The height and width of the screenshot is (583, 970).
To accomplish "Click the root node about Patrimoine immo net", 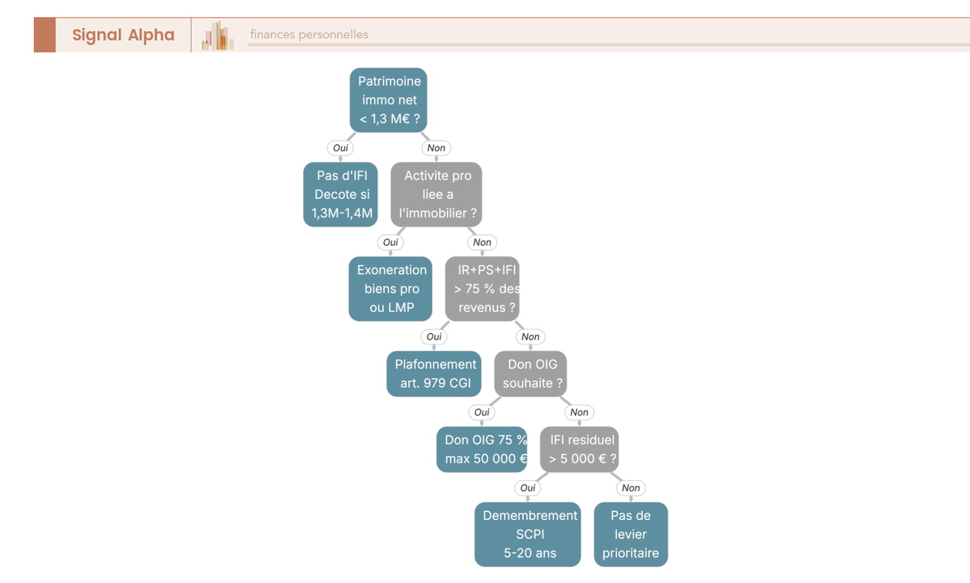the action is [389, 100].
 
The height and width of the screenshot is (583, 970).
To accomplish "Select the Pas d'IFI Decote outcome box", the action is [340, 195].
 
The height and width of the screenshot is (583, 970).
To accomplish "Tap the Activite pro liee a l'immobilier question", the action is [436, 195].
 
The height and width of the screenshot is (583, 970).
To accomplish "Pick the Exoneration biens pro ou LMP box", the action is [390, 289].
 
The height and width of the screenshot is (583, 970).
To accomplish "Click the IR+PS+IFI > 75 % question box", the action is [482, 289].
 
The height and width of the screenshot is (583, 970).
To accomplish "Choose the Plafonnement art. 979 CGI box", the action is [434, 374].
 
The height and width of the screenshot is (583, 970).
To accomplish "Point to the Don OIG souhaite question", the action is [530, 374].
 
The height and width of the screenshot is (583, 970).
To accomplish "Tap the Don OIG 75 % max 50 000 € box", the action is [482, 449].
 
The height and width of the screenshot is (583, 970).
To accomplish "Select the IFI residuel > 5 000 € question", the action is [580, 449].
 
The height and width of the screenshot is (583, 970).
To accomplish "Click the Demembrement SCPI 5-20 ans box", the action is [528, 534].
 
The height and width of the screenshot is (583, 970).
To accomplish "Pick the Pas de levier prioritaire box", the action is [631, 534].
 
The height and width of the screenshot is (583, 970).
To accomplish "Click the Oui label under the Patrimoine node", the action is [340, 148].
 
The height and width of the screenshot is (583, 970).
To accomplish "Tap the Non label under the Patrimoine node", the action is [436, 148].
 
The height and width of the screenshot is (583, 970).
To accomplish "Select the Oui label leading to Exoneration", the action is [390, 242].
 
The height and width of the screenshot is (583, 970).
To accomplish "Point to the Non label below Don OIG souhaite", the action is [580, 412].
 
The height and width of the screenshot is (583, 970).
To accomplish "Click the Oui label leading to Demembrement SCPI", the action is [528, 488].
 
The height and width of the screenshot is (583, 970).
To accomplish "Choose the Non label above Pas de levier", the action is [631, 488].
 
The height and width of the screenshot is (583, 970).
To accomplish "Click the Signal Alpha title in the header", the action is [124, 35].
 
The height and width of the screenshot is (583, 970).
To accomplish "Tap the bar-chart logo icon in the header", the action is [217, 36].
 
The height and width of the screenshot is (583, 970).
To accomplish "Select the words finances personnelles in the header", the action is [309, 35].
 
